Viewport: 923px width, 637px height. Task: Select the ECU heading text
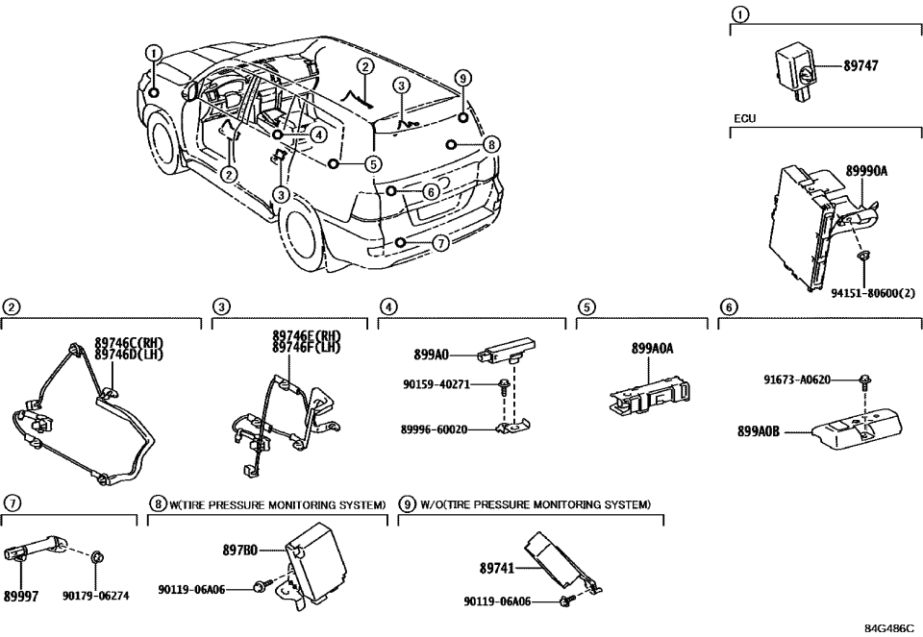point(745,119)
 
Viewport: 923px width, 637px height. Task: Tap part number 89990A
point(866,170)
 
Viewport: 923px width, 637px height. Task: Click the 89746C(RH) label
point(130,342)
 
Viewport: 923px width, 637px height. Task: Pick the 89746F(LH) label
point(307,346)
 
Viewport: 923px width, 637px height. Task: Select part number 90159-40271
point(436,384)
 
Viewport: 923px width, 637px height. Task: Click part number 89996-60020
point(435,429)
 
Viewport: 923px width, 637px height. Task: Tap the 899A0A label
point(652,350)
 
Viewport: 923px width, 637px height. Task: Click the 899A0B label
point(758,432)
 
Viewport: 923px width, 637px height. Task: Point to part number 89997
point(21,596)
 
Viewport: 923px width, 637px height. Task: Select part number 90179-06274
point(97,596)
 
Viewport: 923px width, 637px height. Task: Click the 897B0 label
point(239,551)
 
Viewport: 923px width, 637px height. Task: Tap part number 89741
point(497,568)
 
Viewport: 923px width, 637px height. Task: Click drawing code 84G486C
point(888,627)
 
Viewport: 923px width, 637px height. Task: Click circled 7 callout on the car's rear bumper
point(439,243)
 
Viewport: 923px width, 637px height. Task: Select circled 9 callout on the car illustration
point(462,77)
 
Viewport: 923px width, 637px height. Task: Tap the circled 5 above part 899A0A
point(586,306)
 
